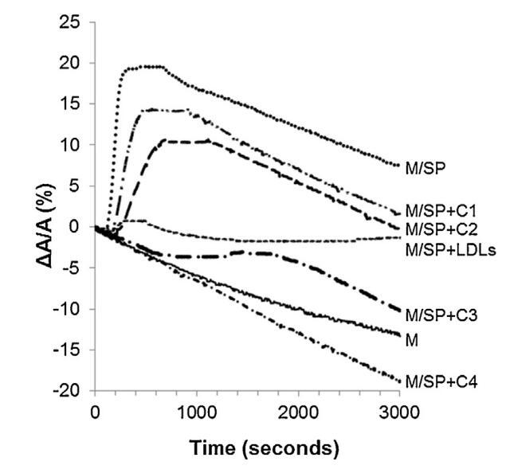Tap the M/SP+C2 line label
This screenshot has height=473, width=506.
click(x=440, y=230)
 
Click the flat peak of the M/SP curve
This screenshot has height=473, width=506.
click(x=143, y=67)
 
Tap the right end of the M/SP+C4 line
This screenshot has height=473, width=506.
click(x=398, y=381)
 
